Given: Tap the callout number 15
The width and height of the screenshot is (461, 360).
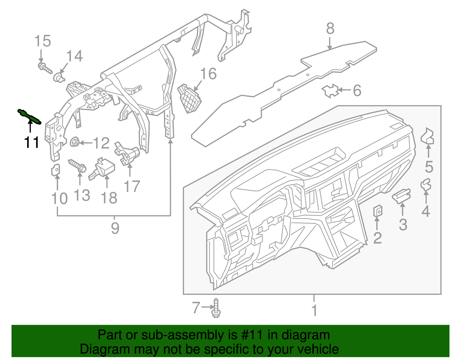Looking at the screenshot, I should [x=43, y=41].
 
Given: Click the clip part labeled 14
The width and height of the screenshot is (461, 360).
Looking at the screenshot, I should [x=58, y=77].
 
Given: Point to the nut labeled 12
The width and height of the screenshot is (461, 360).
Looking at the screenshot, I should [x=75, y=142].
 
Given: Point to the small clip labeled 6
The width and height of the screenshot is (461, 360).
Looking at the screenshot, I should [x=330, y=91].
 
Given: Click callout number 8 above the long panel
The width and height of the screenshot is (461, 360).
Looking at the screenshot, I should [x=330, y=29].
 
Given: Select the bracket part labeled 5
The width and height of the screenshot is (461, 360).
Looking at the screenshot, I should [x=428, y=136].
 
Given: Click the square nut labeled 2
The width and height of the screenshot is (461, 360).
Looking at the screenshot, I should [x=378, y=211].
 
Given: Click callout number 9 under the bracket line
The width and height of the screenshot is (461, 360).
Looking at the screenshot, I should [x=115, y=229].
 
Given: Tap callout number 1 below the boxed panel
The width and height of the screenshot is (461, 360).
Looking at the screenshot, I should [x=314, y=311].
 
